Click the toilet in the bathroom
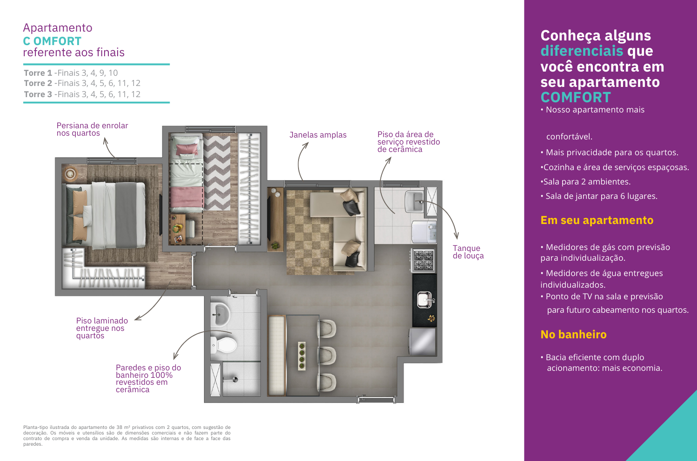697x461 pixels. click(x=224, y=345)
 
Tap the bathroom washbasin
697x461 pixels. click(x=220, y=315)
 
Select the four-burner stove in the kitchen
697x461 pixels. click(x=424, y=260)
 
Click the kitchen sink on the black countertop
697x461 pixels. click(x=425, y=300)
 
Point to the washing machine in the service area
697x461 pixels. click(x=424, y=232)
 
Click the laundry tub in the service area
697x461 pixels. click(x=414, y=202)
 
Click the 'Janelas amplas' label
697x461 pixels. click(x=318, y=135)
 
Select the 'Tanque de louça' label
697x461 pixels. click(x=468, y=252)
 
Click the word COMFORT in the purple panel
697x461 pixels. click(x=576, y=97)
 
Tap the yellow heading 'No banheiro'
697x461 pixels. click(x=573, y=335)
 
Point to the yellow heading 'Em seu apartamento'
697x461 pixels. click(x=597, y=220)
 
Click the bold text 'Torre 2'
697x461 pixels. click(x=38, y=83)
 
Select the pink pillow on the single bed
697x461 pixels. click(x=187, y=149)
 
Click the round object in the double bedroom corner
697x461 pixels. click(x=70, y=174)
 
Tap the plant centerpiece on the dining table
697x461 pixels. click(x=301, y=356)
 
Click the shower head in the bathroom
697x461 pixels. click(x=235, y=380)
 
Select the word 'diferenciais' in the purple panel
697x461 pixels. click(x=582, y=51)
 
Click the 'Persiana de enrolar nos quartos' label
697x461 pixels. click(x=92, y=129)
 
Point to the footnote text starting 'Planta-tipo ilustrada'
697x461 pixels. click(x=127, y=435)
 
